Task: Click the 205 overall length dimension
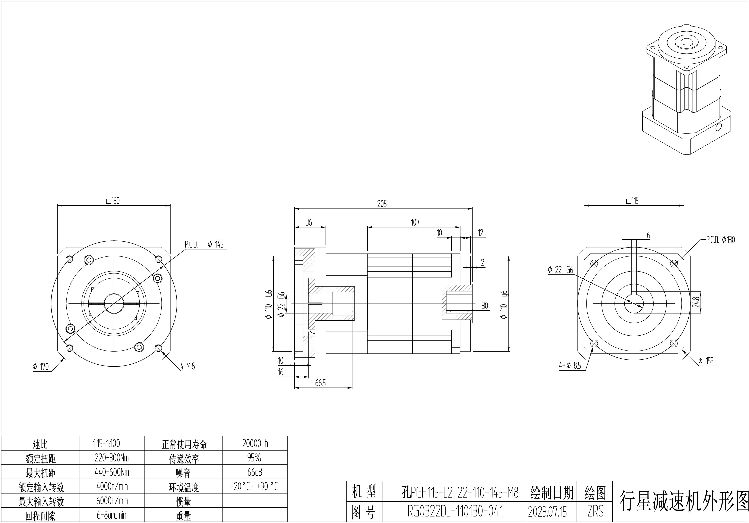[x=382, y=204]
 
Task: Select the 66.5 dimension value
[x=320, y=383]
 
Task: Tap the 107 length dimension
[x=415, y=222]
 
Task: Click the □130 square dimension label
[x=113, y=201]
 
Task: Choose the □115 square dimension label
[x=632, y=201]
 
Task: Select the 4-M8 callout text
[x=188, y=366]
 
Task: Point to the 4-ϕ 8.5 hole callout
[x=570, y=366]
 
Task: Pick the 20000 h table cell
[x=255, y=443]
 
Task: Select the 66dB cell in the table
[x=255, y=472]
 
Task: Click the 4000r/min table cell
[x=112, y=486]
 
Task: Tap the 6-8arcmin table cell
[x=112, y=515]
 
